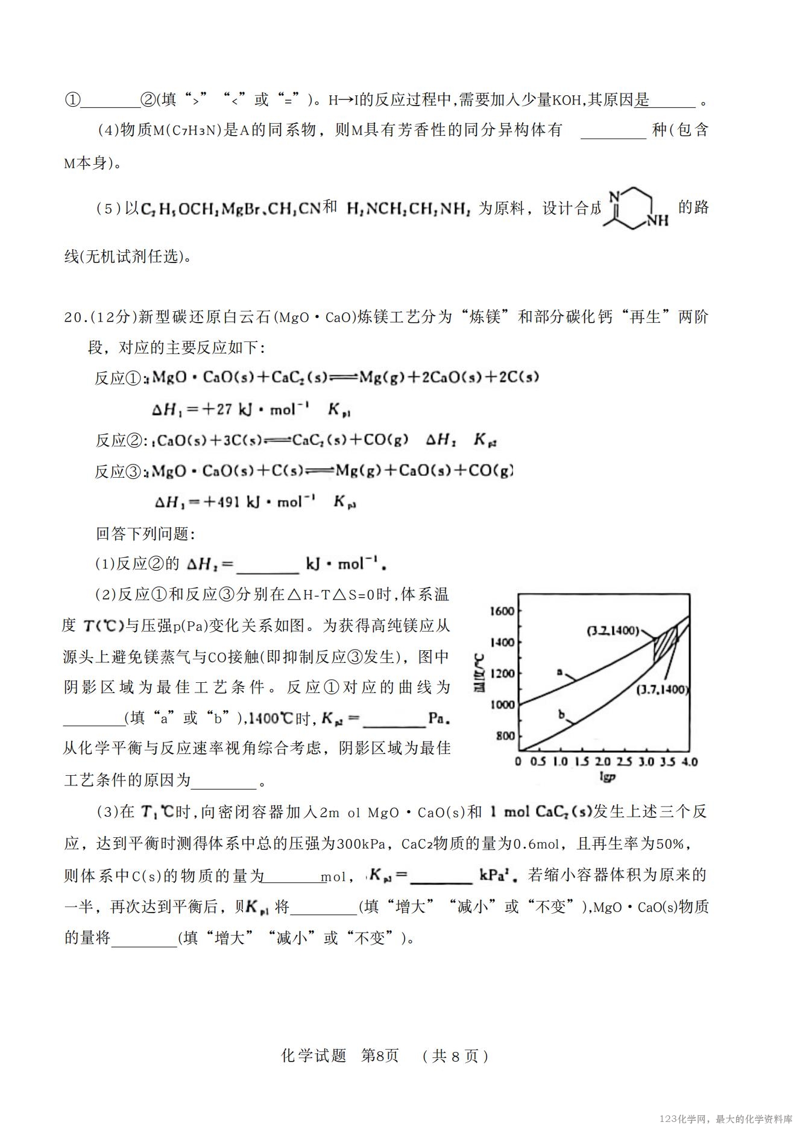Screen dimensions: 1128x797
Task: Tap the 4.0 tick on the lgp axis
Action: [689, 762]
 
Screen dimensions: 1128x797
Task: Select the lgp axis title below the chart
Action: [607, 777]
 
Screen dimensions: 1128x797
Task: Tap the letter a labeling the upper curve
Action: [559, 671]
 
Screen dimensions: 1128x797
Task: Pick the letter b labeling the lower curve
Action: [561, 715]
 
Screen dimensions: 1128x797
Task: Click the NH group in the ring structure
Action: [658, 221]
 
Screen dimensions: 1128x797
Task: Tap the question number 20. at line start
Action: [76, 317]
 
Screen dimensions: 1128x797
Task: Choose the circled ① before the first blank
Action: [72, 100]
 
